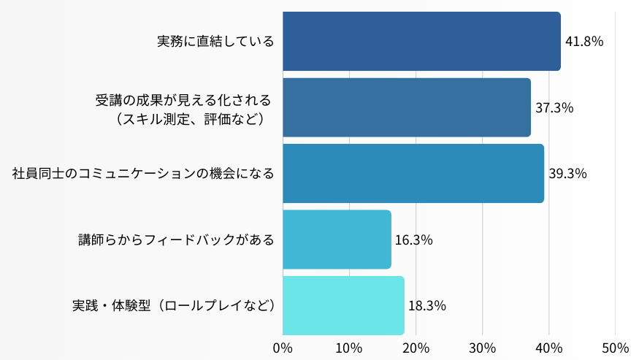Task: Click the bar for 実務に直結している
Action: [421, 41]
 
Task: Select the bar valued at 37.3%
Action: [406, 107]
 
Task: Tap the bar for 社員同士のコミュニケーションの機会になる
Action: [413, 174]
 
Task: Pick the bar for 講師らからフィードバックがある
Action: [337, 240]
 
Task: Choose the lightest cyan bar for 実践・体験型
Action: [343, 305]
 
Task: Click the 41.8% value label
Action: [584, 42]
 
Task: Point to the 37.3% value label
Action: [554, 108]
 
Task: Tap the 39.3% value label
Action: [567, 174]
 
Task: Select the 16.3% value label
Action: [414, 240]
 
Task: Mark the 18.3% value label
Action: [427, 306]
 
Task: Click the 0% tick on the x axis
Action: [283, 347]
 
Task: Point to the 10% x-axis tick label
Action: [349, 347]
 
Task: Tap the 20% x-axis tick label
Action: [416, 347]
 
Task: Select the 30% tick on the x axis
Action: [482, 347]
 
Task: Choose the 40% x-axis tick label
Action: [548, 347]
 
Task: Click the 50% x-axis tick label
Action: [615, 347]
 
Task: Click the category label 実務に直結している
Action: [216, 42]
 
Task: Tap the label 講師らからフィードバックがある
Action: [177, 240]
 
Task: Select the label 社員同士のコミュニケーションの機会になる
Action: [143, 174]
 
